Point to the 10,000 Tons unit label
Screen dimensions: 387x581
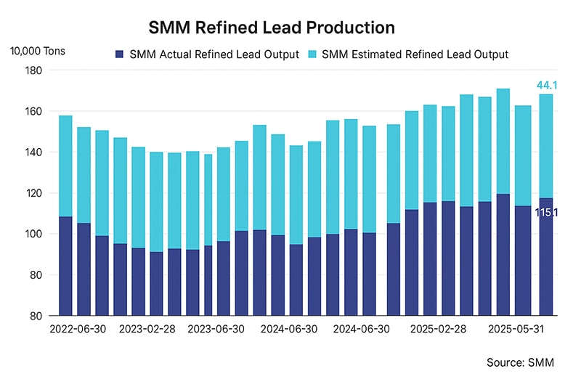point(37,52)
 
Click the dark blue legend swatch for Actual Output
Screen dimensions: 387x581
point(120,54)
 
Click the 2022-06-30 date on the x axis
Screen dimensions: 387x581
point(78,328)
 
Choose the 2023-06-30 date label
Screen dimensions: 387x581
point(216,328)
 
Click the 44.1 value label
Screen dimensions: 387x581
point(546,86)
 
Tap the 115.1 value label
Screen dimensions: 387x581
point(546,213)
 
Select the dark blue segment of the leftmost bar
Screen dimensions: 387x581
point(65,266)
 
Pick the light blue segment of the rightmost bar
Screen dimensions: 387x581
point(546,146)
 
